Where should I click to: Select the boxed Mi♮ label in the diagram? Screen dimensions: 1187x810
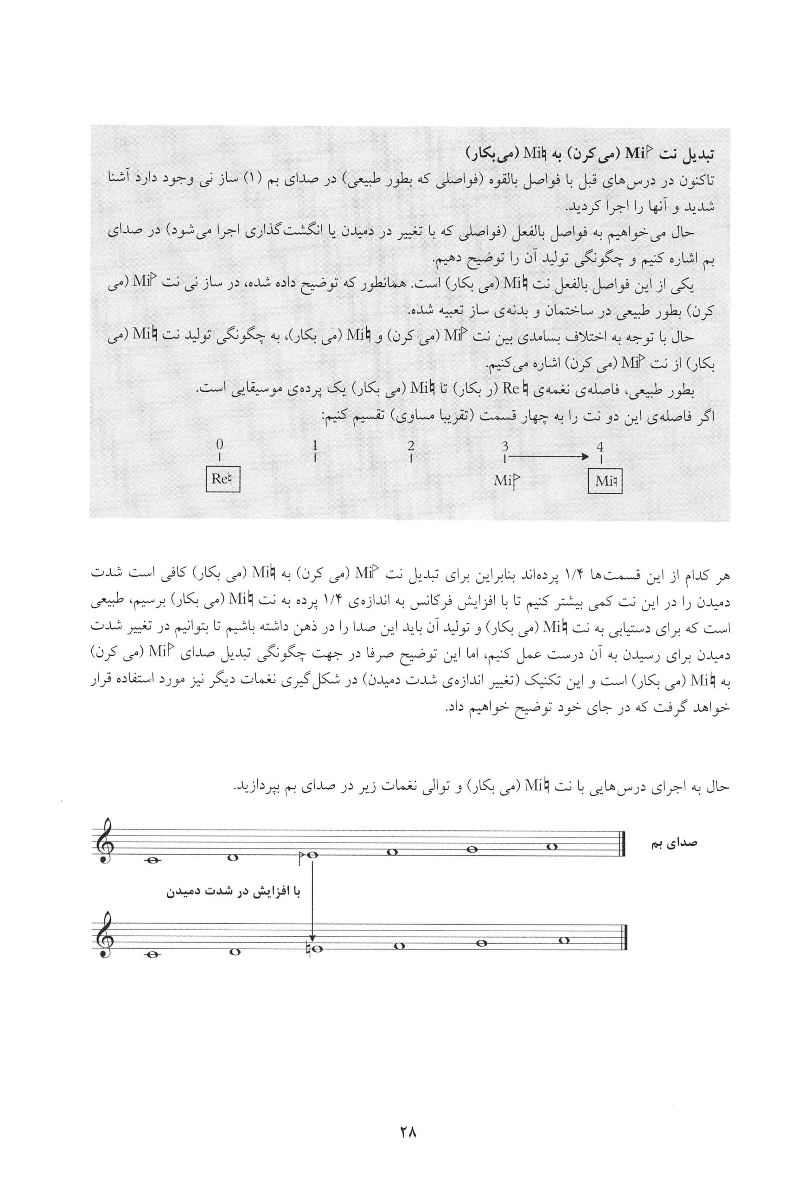605,481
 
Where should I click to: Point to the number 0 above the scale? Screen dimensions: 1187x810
220,444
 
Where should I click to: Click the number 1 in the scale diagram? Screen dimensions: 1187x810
316,445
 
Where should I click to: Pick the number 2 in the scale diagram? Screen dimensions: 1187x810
411,445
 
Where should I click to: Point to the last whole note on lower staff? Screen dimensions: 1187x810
563,940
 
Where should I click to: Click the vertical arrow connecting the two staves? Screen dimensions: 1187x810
312,899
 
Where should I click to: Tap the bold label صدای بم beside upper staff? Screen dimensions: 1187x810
674,842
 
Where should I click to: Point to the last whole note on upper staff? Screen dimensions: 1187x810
551,846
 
